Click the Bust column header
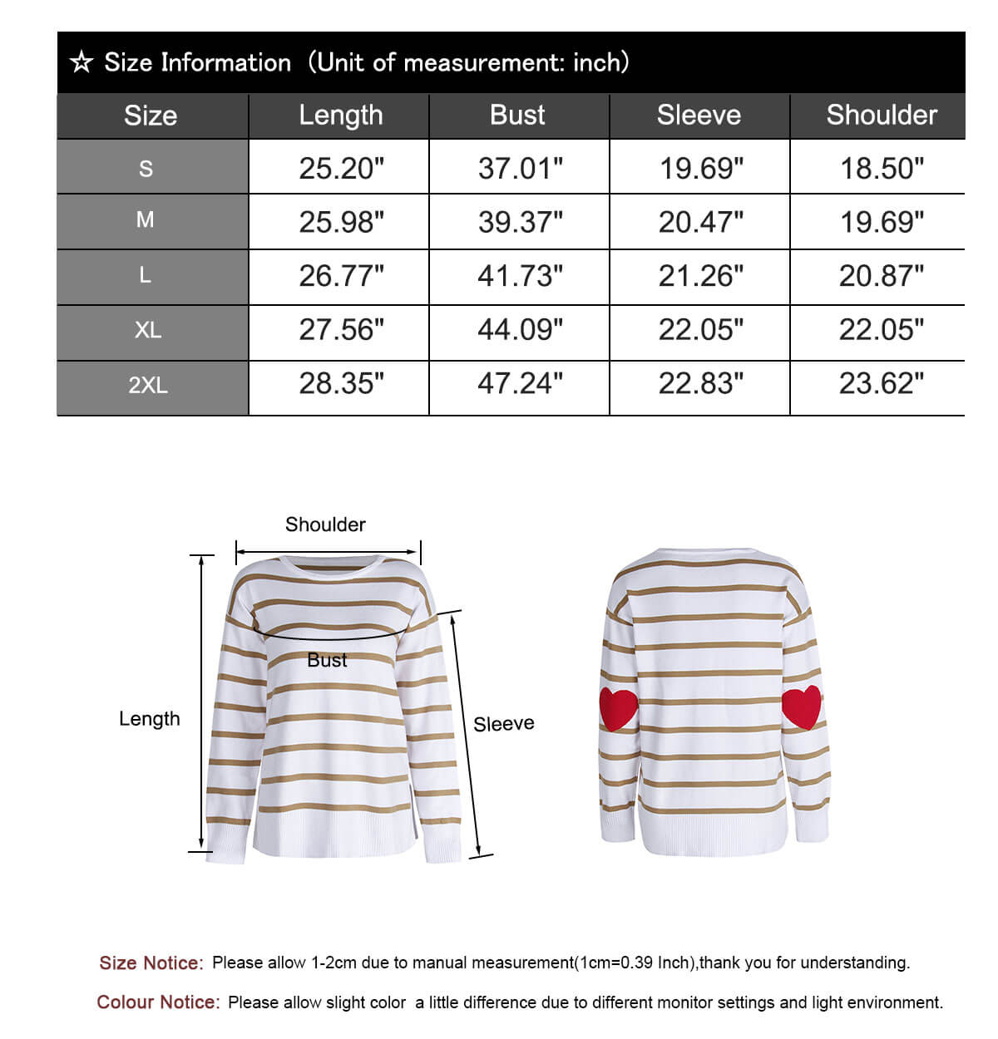click(518, 115)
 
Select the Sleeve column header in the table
click(699, 115)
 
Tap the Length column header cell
click(341, 115)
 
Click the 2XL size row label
click(148, 386)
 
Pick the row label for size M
click(146, 220)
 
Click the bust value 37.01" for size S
click(521, 169)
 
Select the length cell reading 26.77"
click(342, 276)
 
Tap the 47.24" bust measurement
click(521, 384)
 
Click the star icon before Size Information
click(82, 62)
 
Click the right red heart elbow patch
click(802, 706)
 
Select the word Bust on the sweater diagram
click(327, 660)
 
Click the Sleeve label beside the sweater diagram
click(504, 724)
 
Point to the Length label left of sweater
click(150, 719)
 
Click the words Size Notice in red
click(151, 963)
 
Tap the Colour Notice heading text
click(158, 1002)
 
